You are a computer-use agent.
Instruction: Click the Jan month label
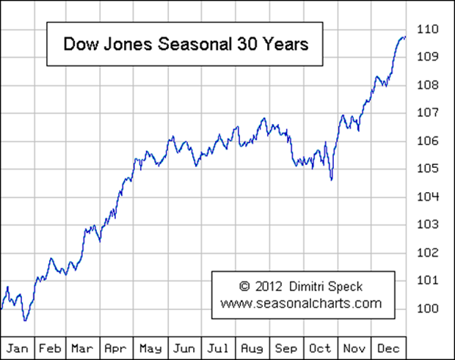click(x=17, y=347)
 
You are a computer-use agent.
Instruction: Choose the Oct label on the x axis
click(x=321, y=347)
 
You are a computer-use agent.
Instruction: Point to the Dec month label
click(x=389, y=347)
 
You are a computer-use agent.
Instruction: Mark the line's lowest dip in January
click(x=25, y=320)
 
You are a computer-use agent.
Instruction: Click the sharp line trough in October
click(x=331, y=179)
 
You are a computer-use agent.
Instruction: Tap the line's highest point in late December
click(x=404, y=37)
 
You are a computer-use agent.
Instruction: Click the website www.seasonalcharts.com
click(x=301, y=302)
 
